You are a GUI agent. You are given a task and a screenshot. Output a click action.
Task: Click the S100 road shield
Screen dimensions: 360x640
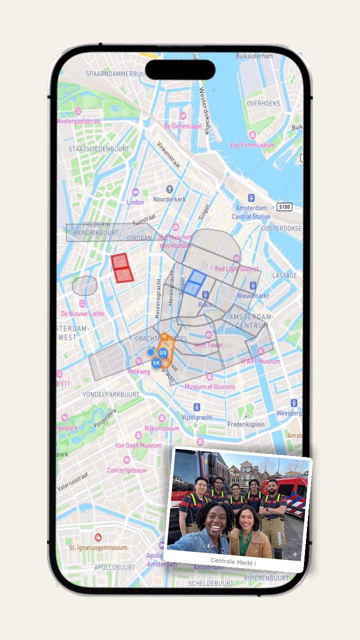point(284,206)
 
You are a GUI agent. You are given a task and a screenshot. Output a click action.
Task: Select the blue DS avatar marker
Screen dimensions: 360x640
point(163,352)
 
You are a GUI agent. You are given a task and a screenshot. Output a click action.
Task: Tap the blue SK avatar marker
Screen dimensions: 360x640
point(156,362)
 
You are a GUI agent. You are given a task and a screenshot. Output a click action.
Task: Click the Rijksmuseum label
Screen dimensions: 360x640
point(161,428)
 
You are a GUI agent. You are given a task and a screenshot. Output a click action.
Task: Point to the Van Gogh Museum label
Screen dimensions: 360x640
point(138,445)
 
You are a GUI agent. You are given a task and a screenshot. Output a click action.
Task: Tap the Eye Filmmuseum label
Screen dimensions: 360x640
point(252,145)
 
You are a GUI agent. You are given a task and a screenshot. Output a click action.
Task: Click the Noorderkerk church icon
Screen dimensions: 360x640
point(169,189)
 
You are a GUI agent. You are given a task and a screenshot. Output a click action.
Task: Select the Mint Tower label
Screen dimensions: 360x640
point(208,345)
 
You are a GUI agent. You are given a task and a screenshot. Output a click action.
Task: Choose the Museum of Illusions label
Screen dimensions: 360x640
point(209,386)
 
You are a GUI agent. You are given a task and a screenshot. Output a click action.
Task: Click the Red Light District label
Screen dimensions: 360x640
point(236,268)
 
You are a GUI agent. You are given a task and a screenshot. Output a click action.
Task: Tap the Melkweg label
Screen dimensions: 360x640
point(139,371)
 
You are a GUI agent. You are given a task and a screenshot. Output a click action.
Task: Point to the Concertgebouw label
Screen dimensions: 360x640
point(127,470)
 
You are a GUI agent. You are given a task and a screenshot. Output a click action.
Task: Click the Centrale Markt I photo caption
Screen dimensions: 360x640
point(233,560)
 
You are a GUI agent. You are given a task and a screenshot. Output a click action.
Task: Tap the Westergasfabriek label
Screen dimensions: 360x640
point(78,121)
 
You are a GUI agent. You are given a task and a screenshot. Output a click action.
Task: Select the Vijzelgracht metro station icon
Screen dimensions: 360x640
point(197,407)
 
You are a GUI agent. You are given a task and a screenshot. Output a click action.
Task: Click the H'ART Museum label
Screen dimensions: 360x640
point(260,361)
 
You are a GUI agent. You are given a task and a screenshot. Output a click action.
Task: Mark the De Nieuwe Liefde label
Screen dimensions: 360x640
point(82,313)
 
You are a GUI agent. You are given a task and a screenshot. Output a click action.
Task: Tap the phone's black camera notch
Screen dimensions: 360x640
point(180,70)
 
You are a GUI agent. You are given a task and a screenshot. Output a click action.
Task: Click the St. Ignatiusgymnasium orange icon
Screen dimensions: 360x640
point(98,537)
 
